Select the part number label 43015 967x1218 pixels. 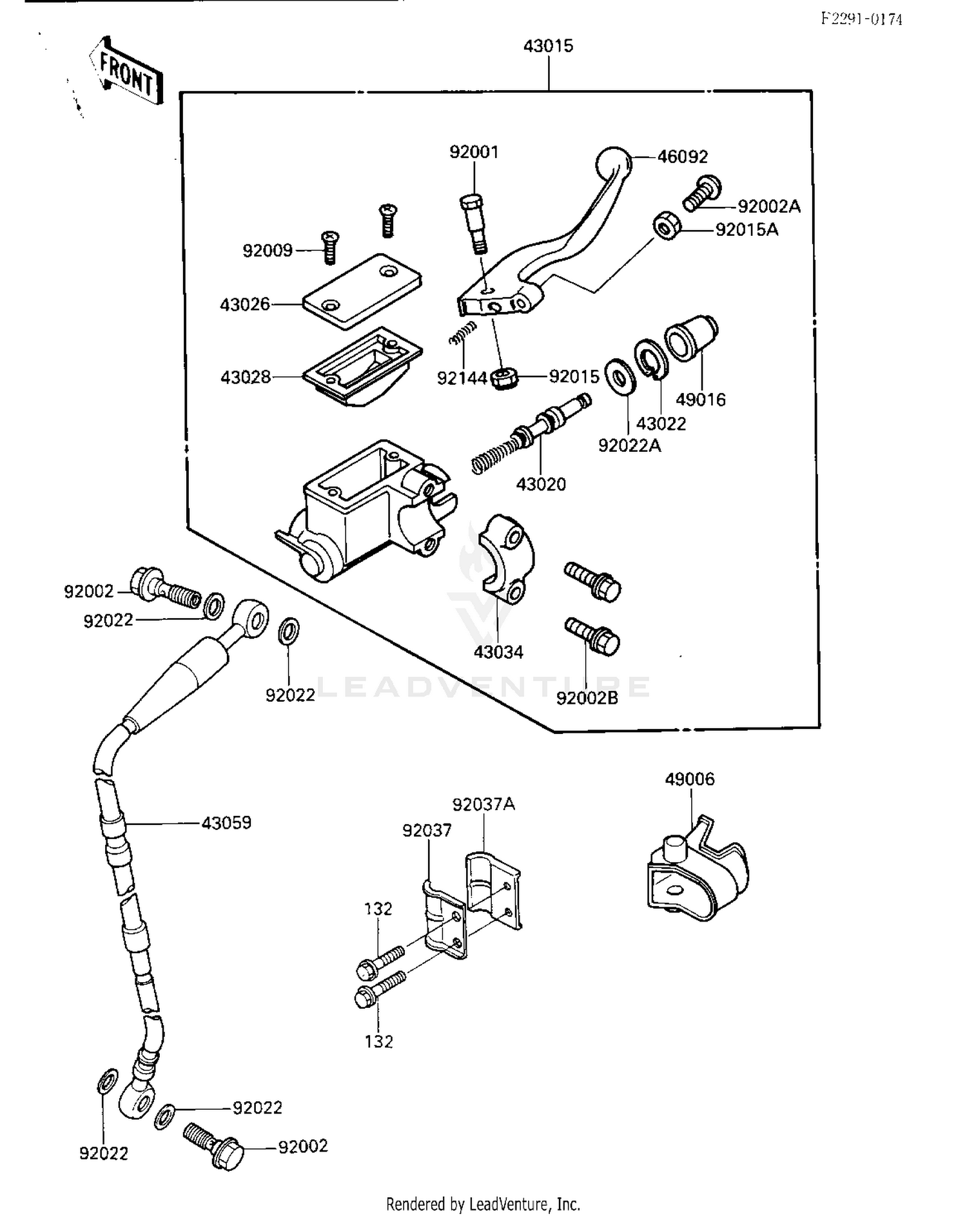pyautogui.click(x=548, y=46)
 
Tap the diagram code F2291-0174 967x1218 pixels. pyautogui.click(x=861, y=19)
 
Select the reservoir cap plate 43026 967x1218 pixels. pyautogui.click(x=362, y=290)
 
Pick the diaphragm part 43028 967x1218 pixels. pyautogui.click(x=363, y=366)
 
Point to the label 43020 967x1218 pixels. pyautogui.click(x=541, y=484)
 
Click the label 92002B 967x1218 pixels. pyautogui.click(x=587, y=698)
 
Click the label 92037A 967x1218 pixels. pyautogui.click(x=484, y=804)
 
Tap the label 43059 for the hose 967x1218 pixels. pyautogui.click(x=226, y=823)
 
